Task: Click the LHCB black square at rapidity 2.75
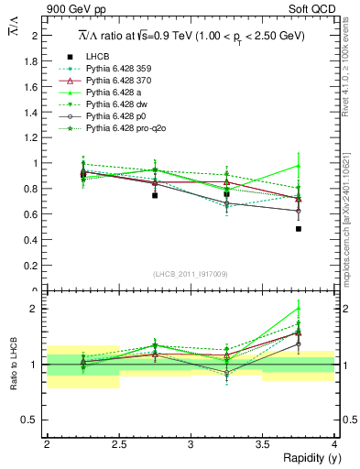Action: (155, 195)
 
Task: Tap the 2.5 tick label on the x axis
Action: (118, 444)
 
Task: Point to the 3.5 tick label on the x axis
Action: (263, 444)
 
